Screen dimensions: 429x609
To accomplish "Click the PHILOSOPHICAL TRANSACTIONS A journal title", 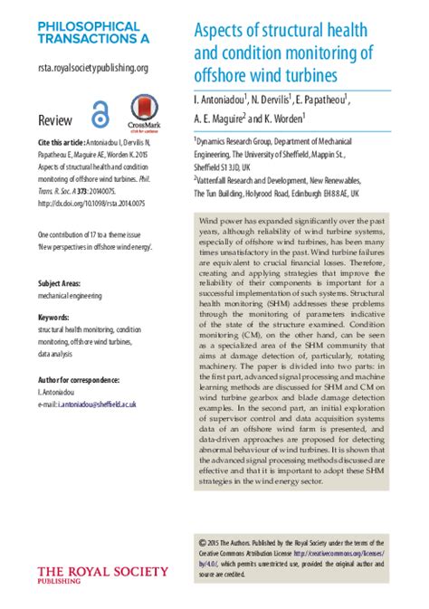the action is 89,33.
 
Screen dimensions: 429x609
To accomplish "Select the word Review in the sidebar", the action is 55,120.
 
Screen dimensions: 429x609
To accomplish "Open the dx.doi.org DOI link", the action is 91,203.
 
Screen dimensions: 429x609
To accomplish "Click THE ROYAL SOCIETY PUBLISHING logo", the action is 101,576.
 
